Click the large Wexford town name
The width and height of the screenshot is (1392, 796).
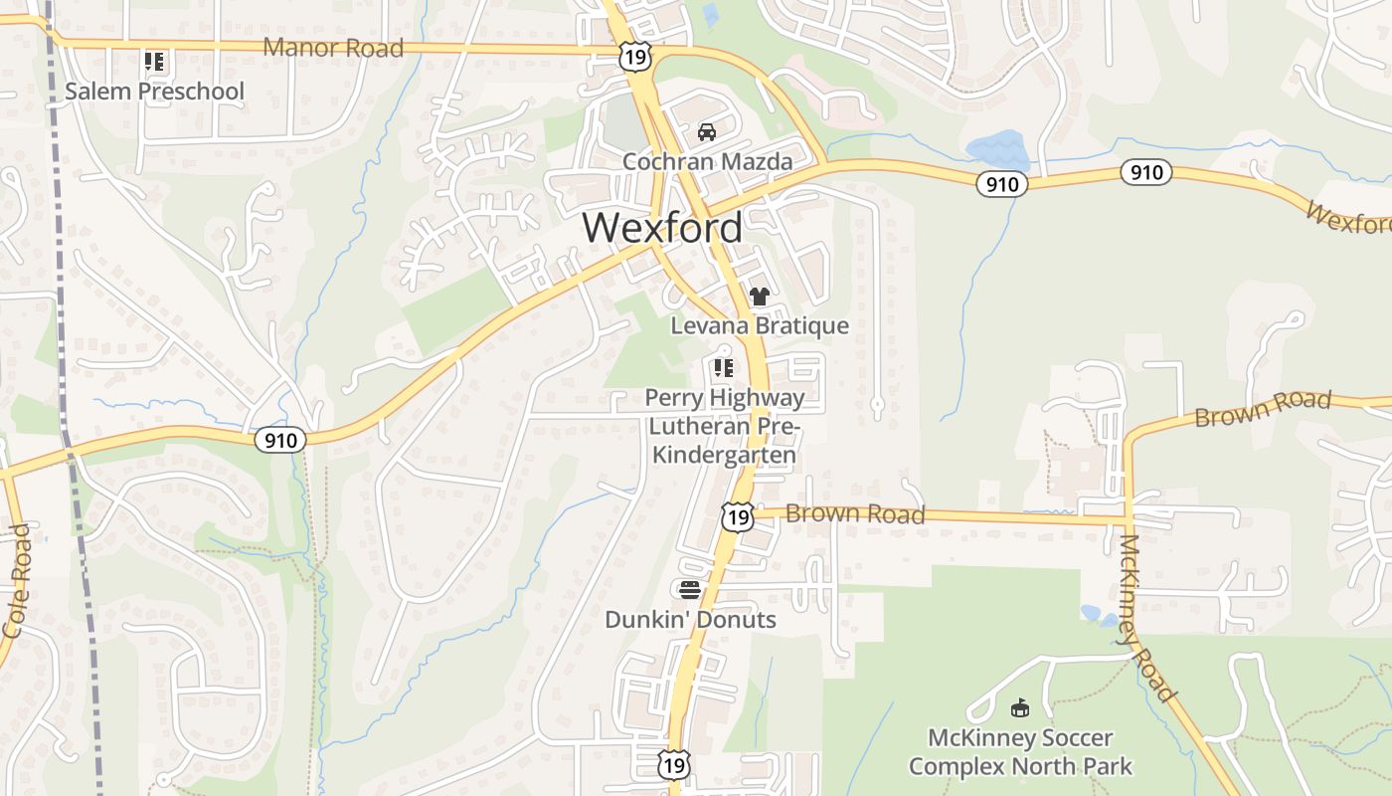click(x=662, y=228)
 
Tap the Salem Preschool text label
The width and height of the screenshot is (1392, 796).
click(x=154, y=92)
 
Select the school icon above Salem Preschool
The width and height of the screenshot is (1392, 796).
click(x=154, y=63)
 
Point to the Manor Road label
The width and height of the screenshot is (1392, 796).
click(x=333, y=48)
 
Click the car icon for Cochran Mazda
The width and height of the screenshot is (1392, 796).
click(x=707, y=131)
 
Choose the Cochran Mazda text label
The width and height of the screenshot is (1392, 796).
click(x=707, y=161)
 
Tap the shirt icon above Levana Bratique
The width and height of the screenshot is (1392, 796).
click(x=760, y=296)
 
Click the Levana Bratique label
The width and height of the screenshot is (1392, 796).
click(x=760, y=325)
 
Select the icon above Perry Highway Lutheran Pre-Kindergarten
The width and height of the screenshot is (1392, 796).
click(x=723, y=368)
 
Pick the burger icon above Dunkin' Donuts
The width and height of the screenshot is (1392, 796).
click(x=690, y=589)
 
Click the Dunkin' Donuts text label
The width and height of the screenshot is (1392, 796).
click(x=690, y=619)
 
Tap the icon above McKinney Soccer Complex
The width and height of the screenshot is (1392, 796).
click(x=1019, y=708)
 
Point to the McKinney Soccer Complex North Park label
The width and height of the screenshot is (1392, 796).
click(x=1020, y=752)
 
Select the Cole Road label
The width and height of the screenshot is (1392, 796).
click(x=17, y=582)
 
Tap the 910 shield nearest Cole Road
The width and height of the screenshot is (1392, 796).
click(x=280, y=440)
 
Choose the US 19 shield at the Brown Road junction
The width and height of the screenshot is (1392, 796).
click(x=737, y=516)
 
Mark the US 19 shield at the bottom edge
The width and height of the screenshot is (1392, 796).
click(x=674, y=764)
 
